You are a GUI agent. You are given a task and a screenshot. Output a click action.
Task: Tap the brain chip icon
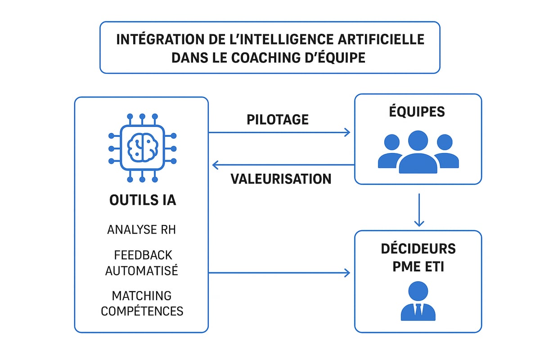pos(142,148)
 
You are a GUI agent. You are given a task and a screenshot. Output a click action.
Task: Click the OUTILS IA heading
pos(143,200)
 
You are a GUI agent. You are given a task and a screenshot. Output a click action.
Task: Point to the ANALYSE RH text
pos(141,229)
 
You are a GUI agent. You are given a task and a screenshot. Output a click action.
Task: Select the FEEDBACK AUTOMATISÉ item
pos(142,263)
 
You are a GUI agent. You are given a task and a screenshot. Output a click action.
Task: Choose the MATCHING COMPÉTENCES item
pos(142,303)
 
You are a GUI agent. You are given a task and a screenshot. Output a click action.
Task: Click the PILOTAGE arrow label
pos(278,119)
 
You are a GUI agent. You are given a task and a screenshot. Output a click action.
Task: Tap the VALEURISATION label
pos(281,179)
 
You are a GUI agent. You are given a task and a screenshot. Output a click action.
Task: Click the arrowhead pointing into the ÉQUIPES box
pos(347,132)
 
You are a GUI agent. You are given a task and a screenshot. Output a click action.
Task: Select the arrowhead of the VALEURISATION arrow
pos(216,165)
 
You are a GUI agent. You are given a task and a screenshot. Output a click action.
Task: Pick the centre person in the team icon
pos(418,152)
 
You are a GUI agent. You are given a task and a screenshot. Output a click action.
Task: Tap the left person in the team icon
pos(390,151)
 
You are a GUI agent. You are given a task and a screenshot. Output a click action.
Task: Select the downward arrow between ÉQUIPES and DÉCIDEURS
pos(419,209)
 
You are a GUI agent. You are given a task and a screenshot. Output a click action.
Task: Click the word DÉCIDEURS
pos(418,248)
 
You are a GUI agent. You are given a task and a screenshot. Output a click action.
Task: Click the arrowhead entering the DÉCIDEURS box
pos(347,273)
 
